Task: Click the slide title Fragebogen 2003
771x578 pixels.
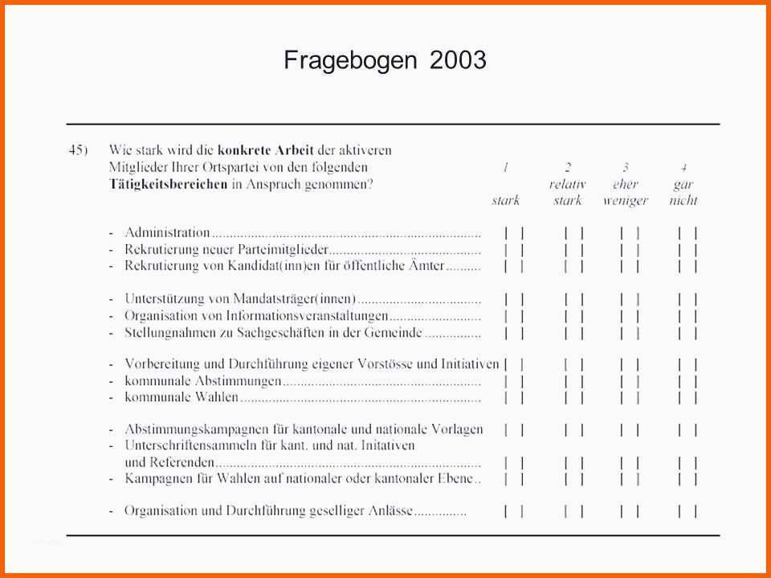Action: point(385,60)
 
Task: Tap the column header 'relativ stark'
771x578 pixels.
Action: point(567,192)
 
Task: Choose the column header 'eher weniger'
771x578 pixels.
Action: point(625,192)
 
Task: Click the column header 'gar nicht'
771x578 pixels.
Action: point(683,192)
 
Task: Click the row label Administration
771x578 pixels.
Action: point(167,233)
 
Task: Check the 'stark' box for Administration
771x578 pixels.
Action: point(514,233)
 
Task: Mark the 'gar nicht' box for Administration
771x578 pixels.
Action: point(687,233)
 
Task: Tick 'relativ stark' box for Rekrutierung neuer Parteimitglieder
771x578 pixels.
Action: point(573,250)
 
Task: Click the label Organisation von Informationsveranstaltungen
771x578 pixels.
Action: point(256,315)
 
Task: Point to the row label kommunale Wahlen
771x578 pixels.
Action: point(182,397)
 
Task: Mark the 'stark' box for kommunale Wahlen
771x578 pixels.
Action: point(514,397)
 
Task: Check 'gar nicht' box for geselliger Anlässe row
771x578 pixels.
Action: point(687,511)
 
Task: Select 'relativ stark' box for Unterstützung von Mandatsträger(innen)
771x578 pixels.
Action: point(573,299)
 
